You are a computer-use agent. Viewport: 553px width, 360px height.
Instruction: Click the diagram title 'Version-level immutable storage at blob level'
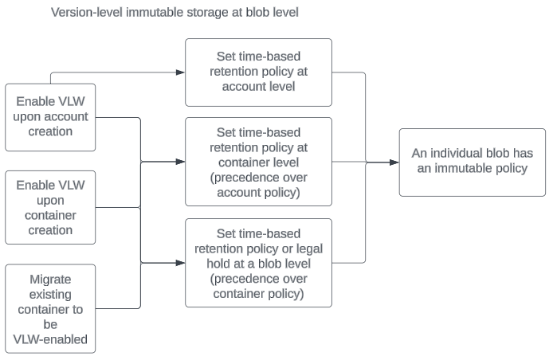pos(175,13)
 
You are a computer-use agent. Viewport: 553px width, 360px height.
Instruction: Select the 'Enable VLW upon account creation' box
pos(50,117)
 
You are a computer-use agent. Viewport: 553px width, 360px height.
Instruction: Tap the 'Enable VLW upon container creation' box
pos(50,207)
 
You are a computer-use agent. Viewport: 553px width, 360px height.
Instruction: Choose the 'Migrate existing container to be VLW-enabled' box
pos(50,310)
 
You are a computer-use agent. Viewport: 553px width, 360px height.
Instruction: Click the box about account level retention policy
pos(258,71)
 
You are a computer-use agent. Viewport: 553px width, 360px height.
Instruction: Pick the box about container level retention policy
pos(258,162)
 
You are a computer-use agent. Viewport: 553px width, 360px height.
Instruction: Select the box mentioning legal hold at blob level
pos(258,263)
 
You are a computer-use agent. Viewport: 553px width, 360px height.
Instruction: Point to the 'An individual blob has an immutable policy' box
pos(473,162)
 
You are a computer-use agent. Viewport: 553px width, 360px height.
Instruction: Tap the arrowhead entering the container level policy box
pos(181,162)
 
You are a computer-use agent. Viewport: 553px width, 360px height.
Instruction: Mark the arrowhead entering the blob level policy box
pos(181,263)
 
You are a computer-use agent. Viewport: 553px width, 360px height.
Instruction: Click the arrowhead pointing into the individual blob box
pos(394,162)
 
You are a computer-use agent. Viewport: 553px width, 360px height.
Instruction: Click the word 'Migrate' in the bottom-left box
pos(50,280)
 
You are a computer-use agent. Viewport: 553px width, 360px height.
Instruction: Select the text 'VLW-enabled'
pos(50,340)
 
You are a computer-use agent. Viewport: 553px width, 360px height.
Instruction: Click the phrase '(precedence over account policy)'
pos(258,184)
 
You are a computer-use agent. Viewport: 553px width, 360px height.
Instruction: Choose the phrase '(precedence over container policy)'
pos(258,285)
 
